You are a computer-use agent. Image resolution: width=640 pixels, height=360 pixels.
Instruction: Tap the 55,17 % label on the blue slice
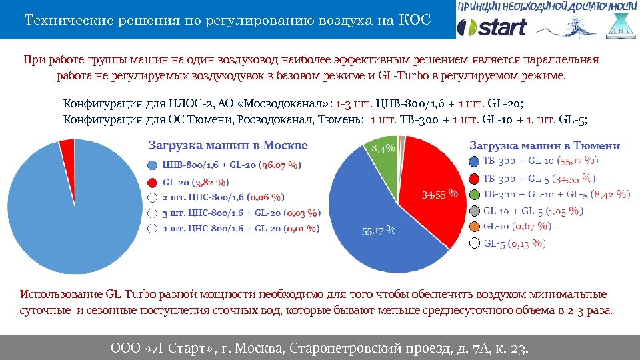(x=379, y=231)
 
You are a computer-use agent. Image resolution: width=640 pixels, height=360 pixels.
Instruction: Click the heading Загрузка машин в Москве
(x=227, y=145)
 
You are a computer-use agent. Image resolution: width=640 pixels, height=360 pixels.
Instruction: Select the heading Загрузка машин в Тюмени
(x=545, y=145)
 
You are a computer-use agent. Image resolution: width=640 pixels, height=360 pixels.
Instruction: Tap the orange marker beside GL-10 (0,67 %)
(x=473, y=227)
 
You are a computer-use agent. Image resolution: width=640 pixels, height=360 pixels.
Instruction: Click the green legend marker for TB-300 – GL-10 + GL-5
(x=473, y=194)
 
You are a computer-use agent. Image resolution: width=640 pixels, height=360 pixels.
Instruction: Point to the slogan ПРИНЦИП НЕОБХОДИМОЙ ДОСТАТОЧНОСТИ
(x=547, y=7)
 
